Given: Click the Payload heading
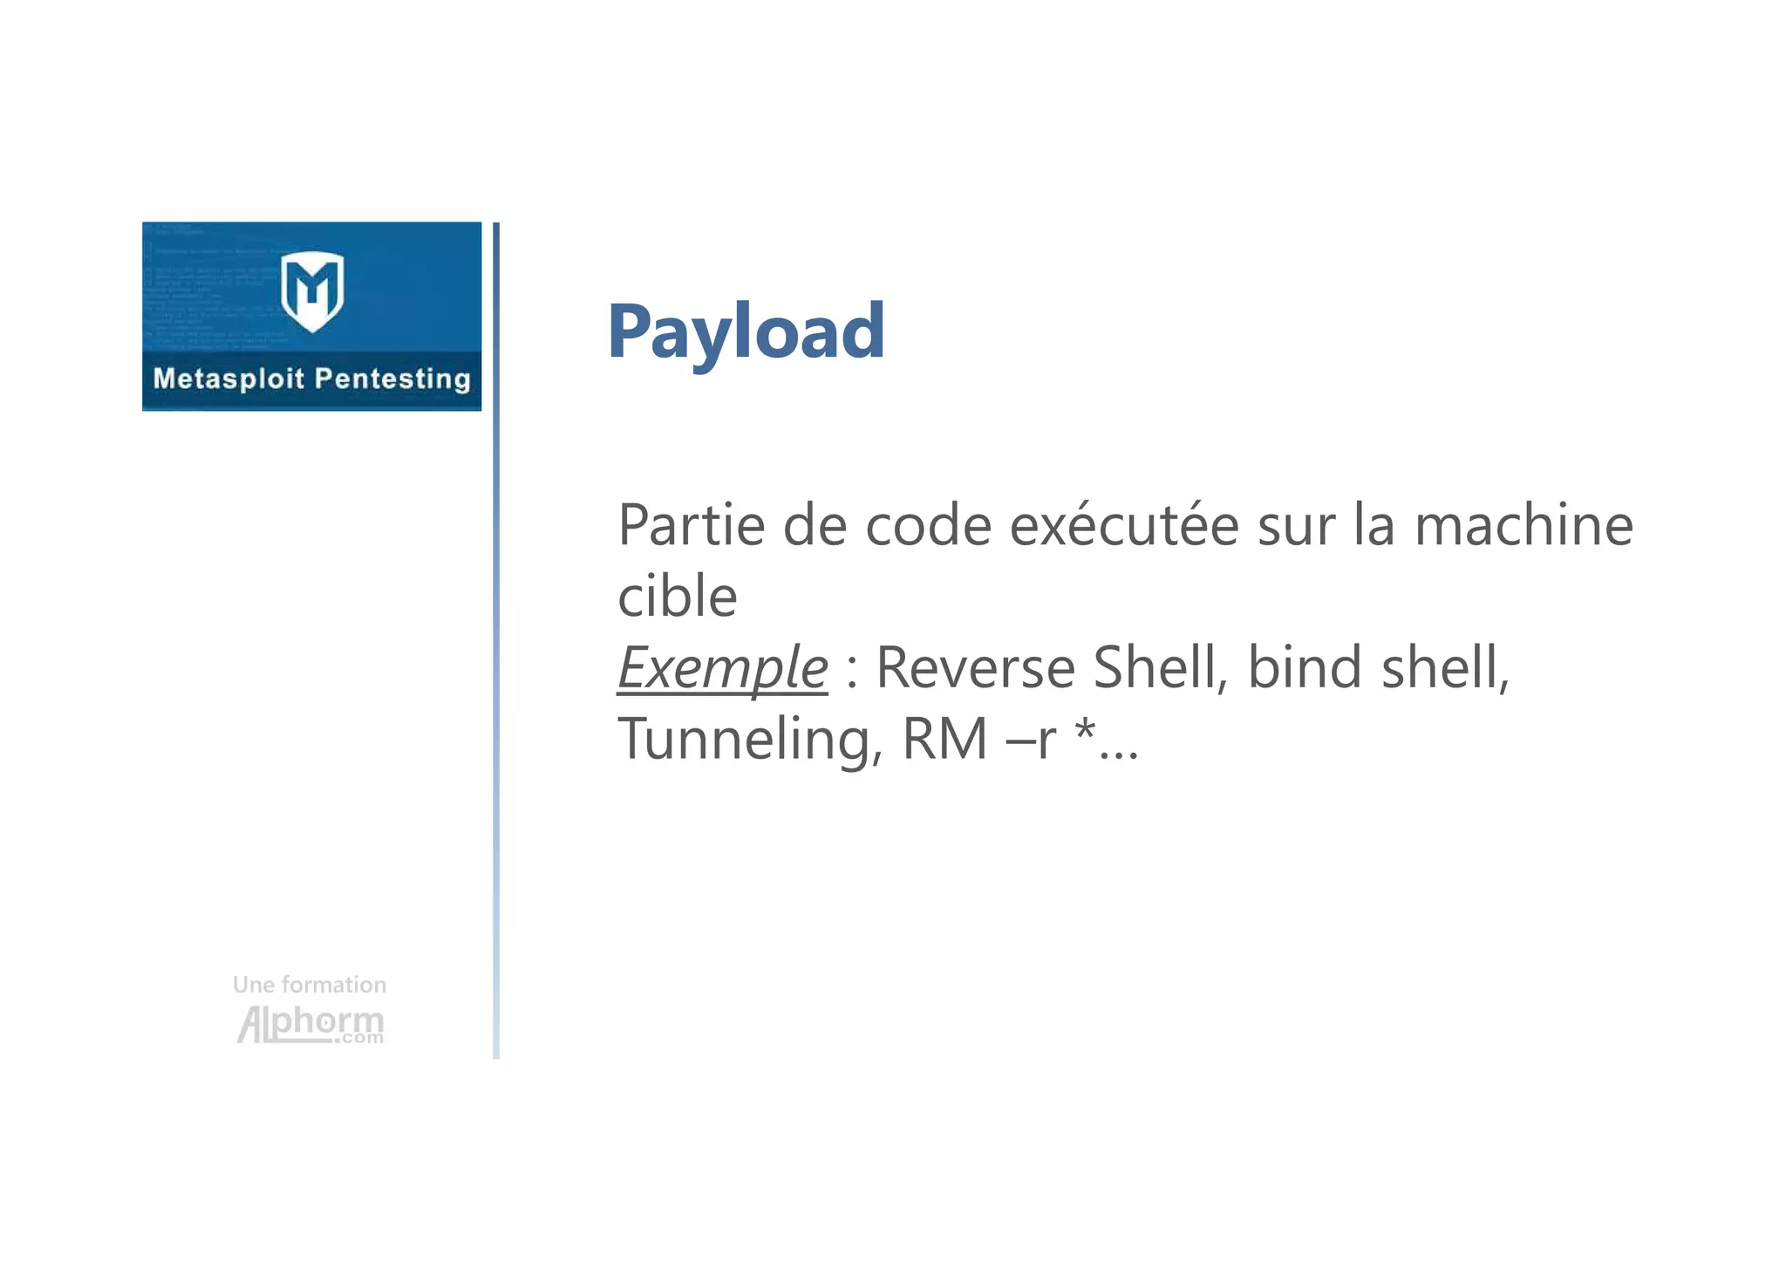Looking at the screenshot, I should point(746,331).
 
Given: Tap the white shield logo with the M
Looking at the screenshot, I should point(312,290).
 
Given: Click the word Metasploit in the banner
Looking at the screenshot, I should point(228,379).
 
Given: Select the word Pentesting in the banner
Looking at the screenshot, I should point(392,379).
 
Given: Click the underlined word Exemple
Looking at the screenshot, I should point(722,668).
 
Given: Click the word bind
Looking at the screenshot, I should point(1305,668).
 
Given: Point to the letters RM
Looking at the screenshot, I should point(944,740).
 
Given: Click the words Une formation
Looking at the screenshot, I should point(310,985).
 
